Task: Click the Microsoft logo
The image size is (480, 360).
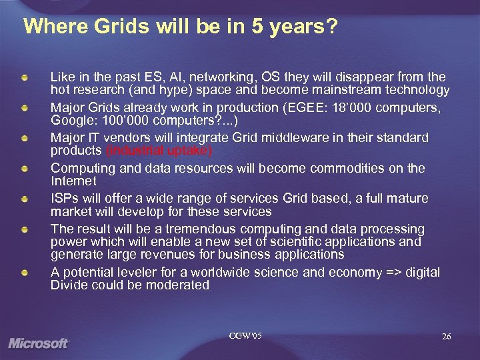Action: [39, 343]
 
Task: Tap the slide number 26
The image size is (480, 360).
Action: [446, 337]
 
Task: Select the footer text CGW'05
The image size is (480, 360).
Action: [245, 335]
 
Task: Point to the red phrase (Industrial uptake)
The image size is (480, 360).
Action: [159, 150]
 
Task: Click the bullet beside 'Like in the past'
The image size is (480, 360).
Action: [24, 77]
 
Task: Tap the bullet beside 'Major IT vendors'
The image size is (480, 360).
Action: [24, 138]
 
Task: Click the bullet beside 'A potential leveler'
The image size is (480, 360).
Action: [24, 272]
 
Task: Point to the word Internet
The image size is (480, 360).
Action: [73, 181]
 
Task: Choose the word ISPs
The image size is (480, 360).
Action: [65, 198]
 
